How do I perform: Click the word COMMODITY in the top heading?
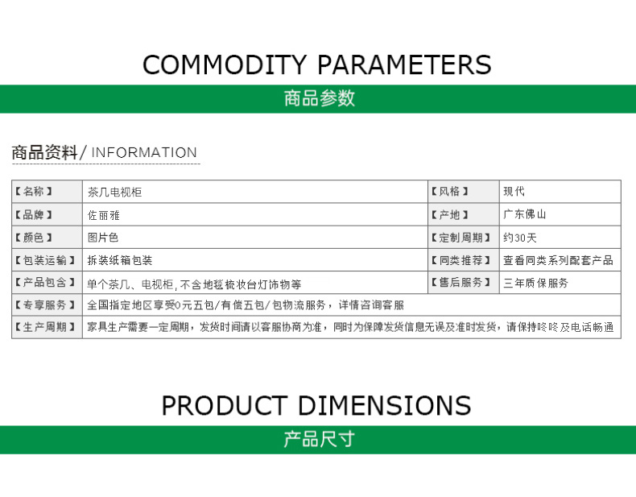click(225, 65)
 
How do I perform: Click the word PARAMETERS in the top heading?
click(404, 65)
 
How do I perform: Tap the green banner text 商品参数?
click(320, 98)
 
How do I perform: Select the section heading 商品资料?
click(44, 152)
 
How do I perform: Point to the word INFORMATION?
click(144, 152)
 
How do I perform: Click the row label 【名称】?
click(34, 191)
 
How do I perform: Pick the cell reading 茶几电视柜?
click(115, 192)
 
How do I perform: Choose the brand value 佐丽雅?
click(104, 215)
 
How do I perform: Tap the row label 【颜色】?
click(34, 238)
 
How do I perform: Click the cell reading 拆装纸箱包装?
click(120, 260)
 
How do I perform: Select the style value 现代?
click(514, 191)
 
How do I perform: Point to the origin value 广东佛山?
click(524, 214)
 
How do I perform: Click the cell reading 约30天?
click(520, 238)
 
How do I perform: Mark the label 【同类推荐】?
click(460, 260)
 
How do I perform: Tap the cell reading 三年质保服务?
click(536, 283)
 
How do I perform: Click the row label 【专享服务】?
click(44, 304)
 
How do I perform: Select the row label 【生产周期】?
click(44, 327)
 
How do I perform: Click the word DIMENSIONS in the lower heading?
click(385, 405)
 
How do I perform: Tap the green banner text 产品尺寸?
click(320, 439)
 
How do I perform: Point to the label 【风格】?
click(450, 191)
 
